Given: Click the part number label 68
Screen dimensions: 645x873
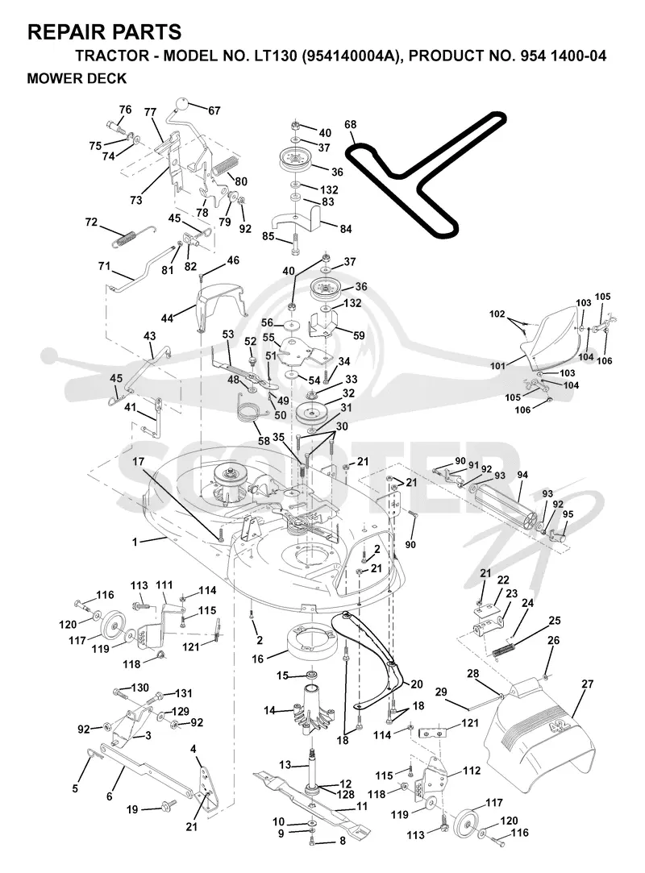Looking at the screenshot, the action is (351, 125).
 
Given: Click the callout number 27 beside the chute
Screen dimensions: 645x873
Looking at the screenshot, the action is (588, 684).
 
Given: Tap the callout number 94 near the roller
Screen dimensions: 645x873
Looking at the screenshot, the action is (522, 475).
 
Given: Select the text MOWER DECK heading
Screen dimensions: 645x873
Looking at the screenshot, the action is (77, 78).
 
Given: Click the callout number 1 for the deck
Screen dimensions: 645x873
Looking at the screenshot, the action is (134, 541).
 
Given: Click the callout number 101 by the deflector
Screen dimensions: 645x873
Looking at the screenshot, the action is (498, 366).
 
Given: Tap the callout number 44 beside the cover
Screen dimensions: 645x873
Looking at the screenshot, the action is (167, 318).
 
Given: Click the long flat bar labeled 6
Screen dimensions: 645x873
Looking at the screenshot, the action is (148, 769).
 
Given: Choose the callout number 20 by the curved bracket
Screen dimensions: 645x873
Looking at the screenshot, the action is (417, 684).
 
